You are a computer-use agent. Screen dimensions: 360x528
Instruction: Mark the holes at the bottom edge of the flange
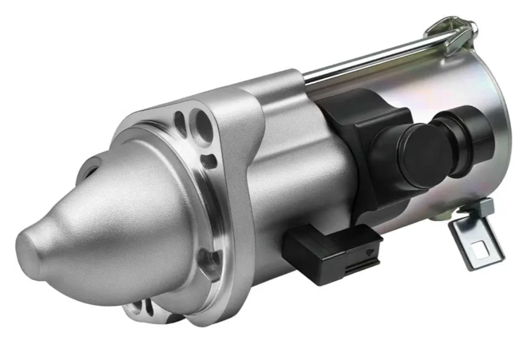click(x=139, y=307)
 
